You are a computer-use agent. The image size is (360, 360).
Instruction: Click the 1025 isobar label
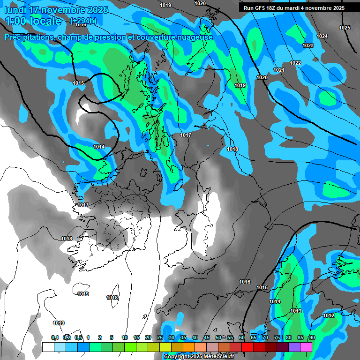tap(345, 28)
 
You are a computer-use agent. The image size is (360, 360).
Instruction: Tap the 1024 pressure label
tap(322, 36)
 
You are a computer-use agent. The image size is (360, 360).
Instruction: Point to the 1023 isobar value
tap(308, 45)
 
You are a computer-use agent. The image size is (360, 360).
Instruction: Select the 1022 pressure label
tap(295, 63)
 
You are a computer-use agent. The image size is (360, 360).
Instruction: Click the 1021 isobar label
tap(279, 70)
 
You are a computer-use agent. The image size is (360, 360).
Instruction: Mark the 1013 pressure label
tap(296, 311)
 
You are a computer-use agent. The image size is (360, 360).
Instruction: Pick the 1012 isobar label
tap(329, 315)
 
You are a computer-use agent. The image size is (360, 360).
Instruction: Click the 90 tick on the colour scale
tap(312, 337)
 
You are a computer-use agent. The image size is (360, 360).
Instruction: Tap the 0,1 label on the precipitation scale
tap(55, 337)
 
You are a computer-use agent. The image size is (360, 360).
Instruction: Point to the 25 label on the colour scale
tap(160, 337)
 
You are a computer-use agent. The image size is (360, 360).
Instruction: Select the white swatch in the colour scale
tap(48, 347)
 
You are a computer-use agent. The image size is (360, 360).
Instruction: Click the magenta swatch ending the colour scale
tap(306, 347)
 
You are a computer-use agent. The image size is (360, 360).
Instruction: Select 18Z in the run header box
tap(277, 8)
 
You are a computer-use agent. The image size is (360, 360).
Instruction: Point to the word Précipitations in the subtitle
tap(30, 37)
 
